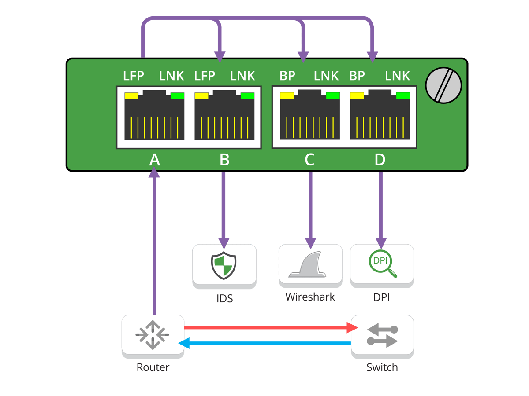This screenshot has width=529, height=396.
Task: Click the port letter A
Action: pos(154,160)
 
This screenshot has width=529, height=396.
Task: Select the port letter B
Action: pos(224,160)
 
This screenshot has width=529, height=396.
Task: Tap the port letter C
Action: pos(309,160)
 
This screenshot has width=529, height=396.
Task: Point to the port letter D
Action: pos(380,160)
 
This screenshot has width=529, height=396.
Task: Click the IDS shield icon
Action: pos(224,265)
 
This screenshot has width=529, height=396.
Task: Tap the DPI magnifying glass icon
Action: pos(382,264)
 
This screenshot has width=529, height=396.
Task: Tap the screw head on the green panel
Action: pos(443,85)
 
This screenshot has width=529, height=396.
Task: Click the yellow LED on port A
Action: pos(131,95)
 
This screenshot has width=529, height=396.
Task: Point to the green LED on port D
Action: pos(403,95)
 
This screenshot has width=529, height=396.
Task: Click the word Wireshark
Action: pos(310,297)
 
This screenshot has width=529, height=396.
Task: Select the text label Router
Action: pos(153,367)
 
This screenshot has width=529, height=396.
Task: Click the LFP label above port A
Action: pos(134,76)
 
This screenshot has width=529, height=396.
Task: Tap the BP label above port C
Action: pos(287,76)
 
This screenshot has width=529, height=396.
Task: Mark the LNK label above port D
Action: pos(397,76)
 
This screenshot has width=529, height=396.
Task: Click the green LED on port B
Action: pos(248,95)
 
